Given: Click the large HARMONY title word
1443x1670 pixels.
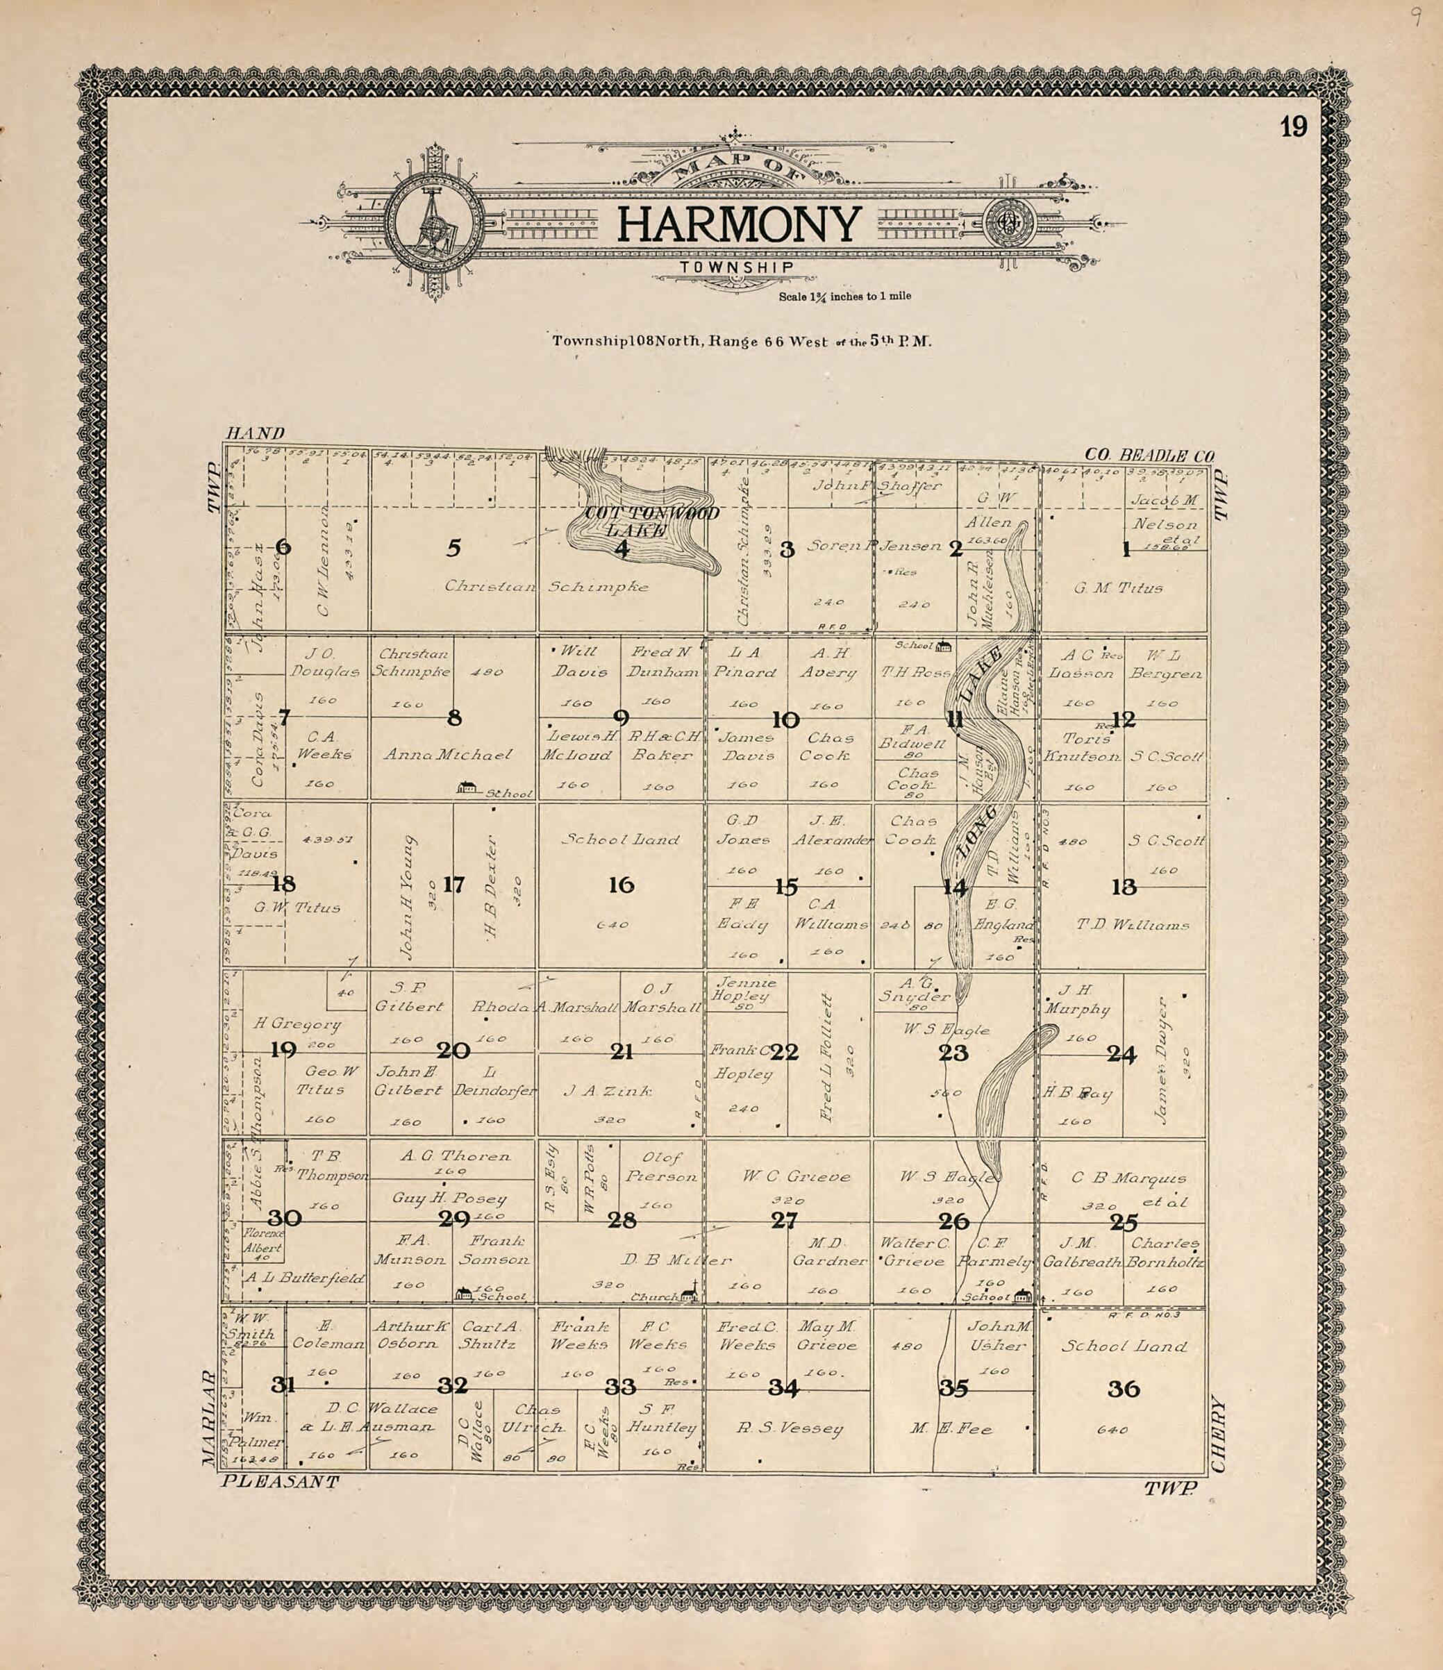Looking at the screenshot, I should (x=737, y=225).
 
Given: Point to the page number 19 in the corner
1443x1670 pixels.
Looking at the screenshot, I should (x=1292, y=127).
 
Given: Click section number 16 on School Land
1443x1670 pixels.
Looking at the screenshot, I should (x=621, y=885).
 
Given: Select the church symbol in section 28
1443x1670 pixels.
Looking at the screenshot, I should (x=687, y=1294).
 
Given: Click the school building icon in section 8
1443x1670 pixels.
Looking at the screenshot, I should (x=466, y=787).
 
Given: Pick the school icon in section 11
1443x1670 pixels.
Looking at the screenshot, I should (x=942, y=646).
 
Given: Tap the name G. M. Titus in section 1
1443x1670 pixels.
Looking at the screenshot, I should (x=1117, y=588).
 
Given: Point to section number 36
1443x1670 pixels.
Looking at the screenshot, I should (x=1123, y=1389).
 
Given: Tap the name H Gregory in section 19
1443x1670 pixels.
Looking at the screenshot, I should (x=297, y=1024).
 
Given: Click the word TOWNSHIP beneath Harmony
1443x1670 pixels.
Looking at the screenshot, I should (x=736, y=267).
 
